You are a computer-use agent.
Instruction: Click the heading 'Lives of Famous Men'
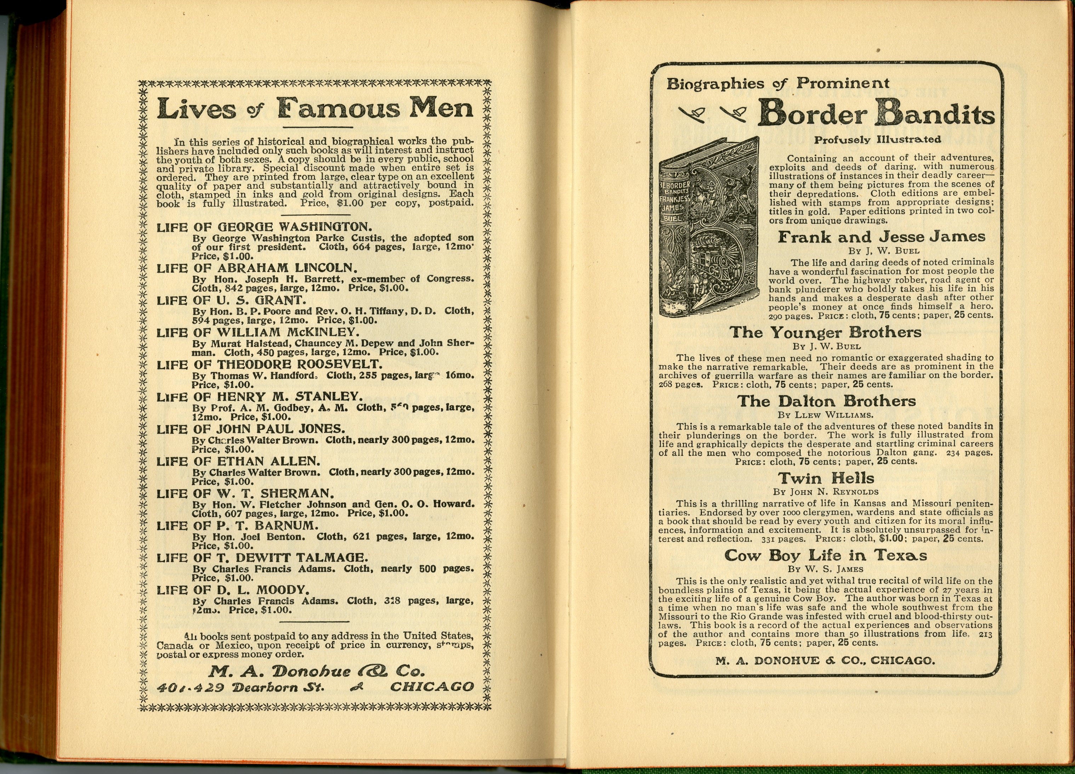(315, 109)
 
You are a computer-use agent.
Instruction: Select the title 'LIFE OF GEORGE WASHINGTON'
(264, 226)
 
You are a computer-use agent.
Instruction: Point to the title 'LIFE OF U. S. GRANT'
(231, 300)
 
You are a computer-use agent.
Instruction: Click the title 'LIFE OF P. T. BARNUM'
(238, 525)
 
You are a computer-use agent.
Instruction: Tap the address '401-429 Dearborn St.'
(241, 687)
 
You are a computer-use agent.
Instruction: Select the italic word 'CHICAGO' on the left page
(431, 687)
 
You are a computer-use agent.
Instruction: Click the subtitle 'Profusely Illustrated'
(877, 140)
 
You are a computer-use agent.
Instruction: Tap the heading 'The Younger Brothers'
(825, 332)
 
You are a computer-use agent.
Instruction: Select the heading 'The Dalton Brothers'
(827, 401)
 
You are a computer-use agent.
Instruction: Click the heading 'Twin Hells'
(826, 478)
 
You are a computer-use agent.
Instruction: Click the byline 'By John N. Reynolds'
(826, 492)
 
